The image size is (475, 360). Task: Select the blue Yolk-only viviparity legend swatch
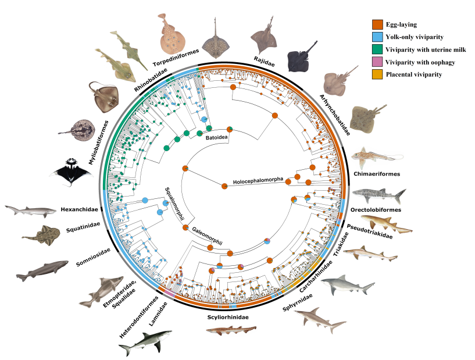click(x=377, y=37)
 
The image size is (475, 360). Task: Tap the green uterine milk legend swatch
click(x=377, y=49)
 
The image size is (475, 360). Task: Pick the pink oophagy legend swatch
click(x=377, y=62)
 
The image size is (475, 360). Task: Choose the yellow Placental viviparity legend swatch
click(x=377, y=74)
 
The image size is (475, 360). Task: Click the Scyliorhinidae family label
click(x=228, y=318)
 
